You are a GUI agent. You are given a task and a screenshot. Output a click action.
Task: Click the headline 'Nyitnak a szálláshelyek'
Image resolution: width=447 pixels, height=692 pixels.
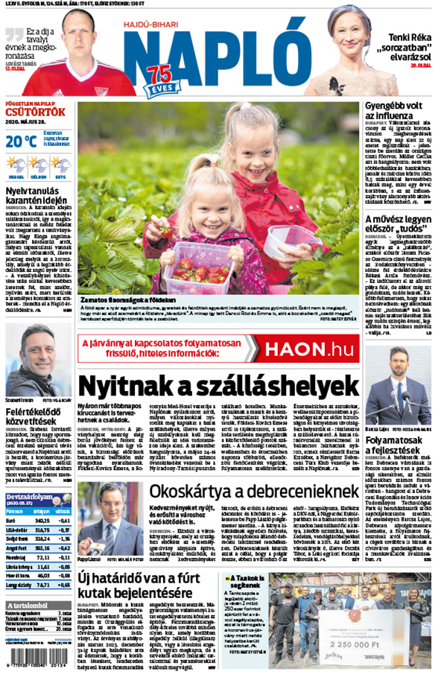(x=218, y=386)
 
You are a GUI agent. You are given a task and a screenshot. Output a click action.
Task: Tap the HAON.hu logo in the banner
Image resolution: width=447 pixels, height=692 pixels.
(x=312, y=348)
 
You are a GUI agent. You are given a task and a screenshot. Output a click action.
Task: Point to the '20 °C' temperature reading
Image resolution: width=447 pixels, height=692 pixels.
(x=20, y=141)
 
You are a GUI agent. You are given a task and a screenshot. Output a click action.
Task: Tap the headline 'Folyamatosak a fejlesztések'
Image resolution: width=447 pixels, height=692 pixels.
(x=398, y=448)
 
